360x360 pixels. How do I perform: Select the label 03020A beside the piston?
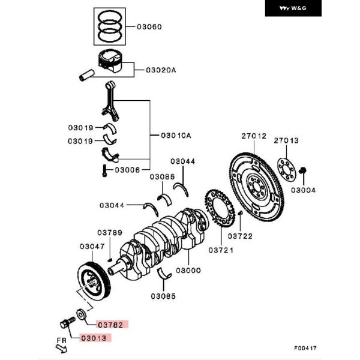coord(161,70)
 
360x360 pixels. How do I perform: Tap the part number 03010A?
coord(175,136)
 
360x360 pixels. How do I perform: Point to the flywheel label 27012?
coord(253,136)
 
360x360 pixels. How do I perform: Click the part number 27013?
coord(286,140)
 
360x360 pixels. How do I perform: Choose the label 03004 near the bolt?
coord(303,190)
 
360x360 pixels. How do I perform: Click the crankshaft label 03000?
coord(188,271)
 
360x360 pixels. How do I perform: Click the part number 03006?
coord(127,170)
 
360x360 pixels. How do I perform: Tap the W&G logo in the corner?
coord(293,9)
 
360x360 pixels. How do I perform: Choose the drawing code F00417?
coord(305,347)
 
